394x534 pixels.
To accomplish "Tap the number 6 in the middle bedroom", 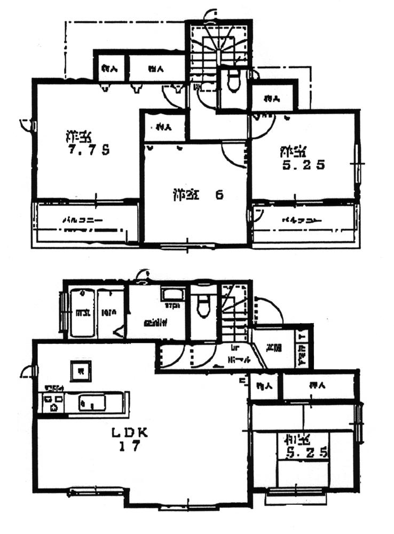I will pos(218,194).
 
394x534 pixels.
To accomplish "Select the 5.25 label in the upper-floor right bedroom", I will pos(303,165).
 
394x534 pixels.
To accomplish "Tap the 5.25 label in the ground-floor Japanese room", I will pos(306,453).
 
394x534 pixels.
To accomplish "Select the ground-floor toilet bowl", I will pos(203,307).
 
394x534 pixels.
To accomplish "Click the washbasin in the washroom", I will pos(172,295).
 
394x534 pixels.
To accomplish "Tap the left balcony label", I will pos(82,219).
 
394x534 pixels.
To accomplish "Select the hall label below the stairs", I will pos(237,359).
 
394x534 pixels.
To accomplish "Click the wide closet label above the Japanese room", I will pos(318,386).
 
